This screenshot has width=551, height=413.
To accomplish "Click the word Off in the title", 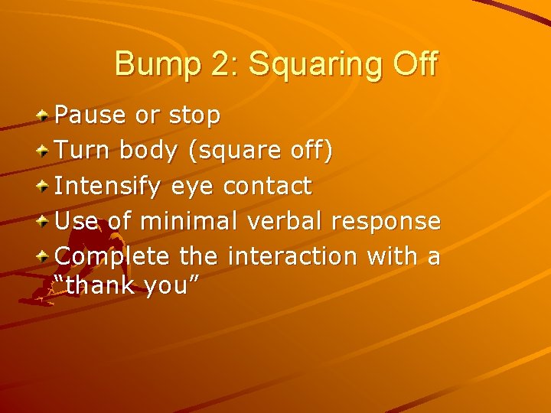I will pos(414,63).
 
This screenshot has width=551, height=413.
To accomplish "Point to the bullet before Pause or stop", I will pos(45,115).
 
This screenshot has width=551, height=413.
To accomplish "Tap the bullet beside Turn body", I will pos(45,151).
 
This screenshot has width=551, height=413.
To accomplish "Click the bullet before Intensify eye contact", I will pos(45,186).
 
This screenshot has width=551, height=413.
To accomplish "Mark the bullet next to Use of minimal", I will pos(45,221).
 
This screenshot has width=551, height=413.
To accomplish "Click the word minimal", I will pos(188,221).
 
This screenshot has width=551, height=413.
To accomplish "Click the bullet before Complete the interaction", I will pos(45,256).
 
